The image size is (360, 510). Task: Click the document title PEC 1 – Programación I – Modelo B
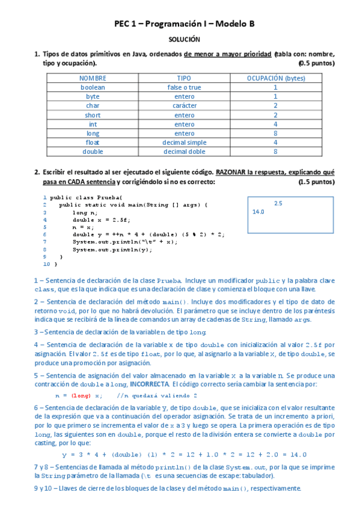click(185, 23)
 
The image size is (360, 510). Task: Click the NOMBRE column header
click(93, 78)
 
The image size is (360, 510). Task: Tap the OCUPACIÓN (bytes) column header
click(276, 78)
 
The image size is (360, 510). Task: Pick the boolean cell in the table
click(93, 87)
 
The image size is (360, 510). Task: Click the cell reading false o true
click(184, 87)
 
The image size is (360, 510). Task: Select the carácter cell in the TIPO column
click(184, 105)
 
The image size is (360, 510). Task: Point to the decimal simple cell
click(184, 143)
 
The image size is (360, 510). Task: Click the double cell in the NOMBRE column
click(93, 152)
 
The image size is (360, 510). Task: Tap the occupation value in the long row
click(275, 133)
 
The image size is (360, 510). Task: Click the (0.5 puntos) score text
click(316, 63)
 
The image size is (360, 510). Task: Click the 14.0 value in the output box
click(259, 212)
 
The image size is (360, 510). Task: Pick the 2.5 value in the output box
click(278, 203)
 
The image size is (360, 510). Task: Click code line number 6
click(45, 235)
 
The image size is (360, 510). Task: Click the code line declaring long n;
click(85, 212)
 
